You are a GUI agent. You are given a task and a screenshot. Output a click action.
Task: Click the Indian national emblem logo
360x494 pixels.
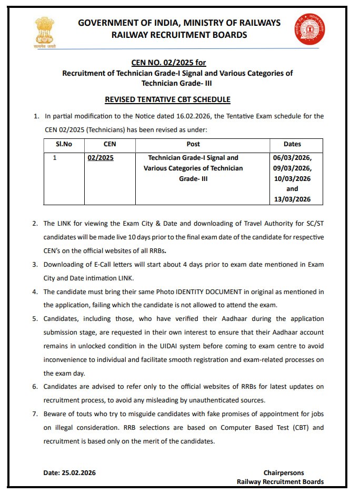click(x=44, y=31)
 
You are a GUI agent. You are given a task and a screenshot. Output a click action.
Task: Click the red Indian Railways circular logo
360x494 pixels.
click(x=309, y=29)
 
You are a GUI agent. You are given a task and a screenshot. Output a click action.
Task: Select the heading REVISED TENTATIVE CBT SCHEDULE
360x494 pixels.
click(x=167, y=99)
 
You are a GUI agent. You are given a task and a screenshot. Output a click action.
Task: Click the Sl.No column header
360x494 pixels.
click(x=64, y=144)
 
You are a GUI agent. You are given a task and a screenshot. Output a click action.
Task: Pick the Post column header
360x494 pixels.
click(x=193, y=144)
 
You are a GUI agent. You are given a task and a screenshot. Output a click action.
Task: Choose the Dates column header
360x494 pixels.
click(x=292, y=144)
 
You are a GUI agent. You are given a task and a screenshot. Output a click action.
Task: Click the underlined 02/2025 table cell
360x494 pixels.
click(x=101, y=157)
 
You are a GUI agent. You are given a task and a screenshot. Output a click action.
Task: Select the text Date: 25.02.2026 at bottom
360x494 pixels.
click(x=69, y=473)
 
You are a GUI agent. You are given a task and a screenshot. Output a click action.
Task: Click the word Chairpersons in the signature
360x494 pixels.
click(x=284, y=473)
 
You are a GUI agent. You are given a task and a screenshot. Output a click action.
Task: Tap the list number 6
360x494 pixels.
click(x=35, y=386)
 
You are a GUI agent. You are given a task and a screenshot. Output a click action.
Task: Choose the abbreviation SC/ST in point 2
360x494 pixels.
click(x=313, y=223)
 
